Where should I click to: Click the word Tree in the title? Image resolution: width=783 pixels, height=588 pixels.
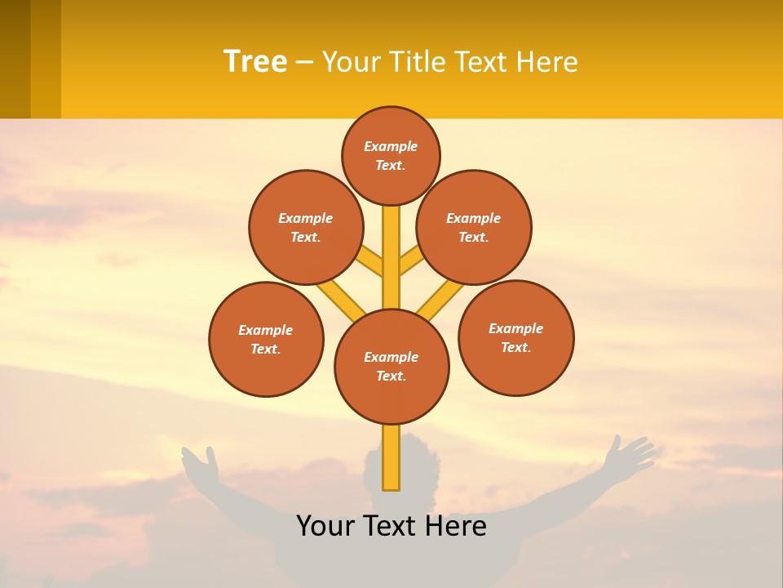click(255, 61)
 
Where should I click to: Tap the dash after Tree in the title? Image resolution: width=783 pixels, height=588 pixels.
click(304, 62)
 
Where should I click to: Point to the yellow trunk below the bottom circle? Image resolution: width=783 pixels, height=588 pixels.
click(391, 457)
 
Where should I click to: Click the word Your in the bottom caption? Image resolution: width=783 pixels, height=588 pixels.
click(326, 526)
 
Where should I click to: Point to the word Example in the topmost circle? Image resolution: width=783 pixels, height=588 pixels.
click(391, 147)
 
